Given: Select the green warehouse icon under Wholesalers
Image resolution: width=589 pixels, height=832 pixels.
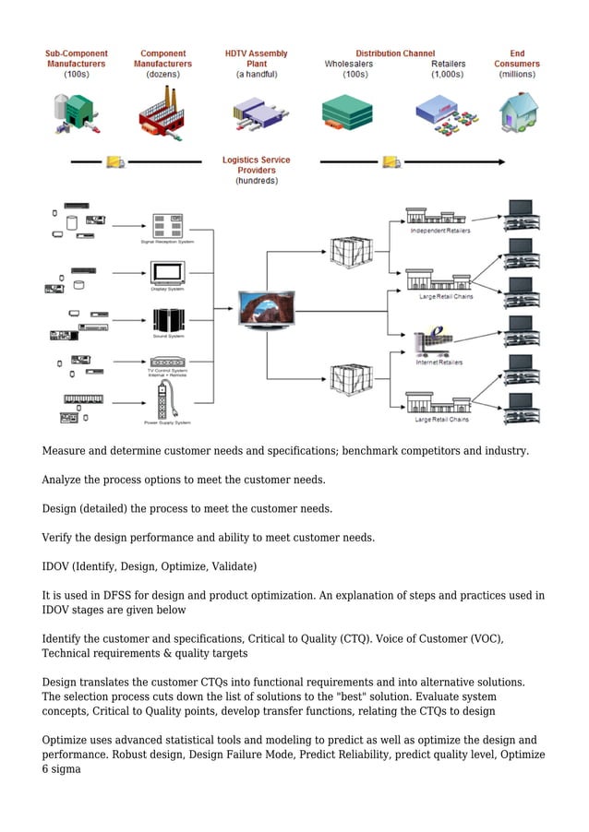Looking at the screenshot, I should (347, 113).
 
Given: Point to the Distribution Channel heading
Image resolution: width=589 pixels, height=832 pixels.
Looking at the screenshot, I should (395, 53).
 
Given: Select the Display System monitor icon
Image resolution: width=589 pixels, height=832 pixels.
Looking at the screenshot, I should (167, 271).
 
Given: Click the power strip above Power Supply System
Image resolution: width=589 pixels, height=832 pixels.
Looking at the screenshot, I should (167, 401).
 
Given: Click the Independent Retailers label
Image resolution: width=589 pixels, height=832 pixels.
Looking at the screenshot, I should (440, 231).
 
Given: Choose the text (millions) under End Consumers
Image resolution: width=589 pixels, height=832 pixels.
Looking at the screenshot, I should (517, 75).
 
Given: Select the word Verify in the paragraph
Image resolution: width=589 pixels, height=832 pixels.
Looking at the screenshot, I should (59, 537).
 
